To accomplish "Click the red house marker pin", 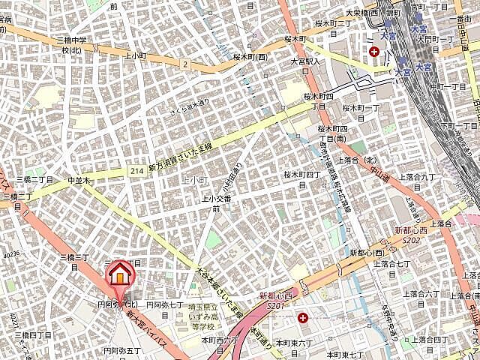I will click(118, 275).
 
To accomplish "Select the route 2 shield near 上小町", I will click(184, 64).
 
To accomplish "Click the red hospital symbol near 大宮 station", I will click(373, 51).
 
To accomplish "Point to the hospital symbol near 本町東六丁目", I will click(302, 318).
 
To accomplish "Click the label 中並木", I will click(78, 181).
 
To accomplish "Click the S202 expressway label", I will click(410, 240).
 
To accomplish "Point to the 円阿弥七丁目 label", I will click(164, 305).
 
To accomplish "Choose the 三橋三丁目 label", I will click(75, 257).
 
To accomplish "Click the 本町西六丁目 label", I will click(219, 340).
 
